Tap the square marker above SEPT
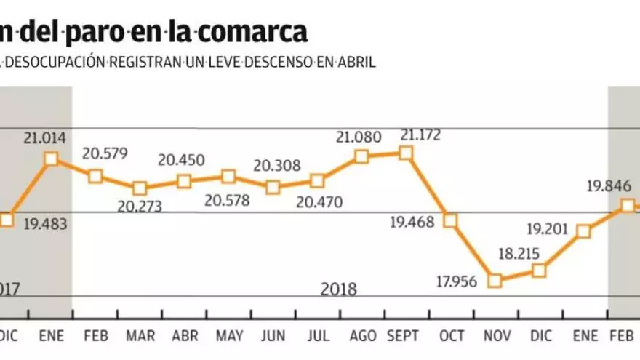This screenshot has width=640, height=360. point(406,153)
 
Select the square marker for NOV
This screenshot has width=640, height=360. point(495,280)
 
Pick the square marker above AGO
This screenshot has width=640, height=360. point(361,156)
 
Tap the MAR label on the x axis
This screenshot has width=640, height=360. point(140,337)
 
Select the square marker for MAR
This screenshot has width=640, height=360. point(140,188)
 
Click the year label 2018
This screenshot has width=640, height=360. point(339,289)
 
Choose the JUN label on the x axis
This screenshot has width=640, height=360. point(273,337)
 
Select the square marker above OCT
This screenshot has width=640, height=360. point(450,220)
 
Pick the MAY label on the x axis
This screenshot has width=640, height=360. point(229,337)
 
